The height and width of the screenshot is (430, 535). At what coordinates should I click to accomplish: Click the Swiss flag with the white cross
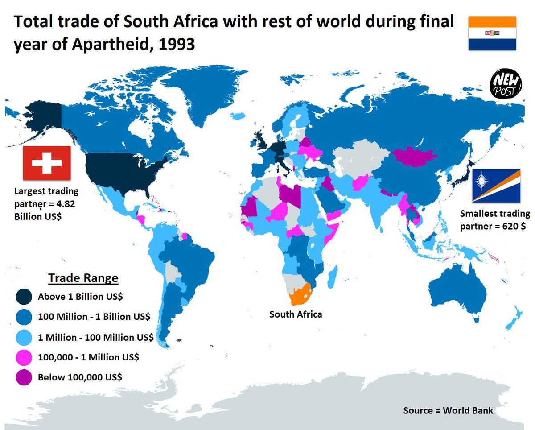tap(47, 163)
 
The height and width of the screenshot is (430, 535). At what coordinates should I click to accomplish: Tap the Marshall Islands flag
tap(496, 185)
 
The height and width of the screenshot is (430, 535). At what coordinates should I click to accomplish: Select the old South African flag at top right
tap(492, 33)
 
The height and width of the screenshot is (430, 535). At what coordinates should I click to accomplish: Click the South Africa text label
tap(295, 314)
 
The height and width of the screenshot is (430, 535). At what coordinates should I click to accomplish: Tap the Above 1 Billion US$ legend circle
tap(24, 297)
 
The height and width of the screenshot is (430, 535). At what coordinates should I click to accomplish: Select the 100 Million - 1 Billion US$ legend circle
tap(24, 317)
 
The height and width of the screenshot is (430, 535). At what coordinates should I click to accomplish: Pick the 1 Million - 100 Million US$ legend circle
tap(24, 338)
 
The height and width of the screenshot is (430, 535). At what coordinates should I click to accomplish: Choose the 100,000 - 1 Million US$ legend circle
tap(24, 358)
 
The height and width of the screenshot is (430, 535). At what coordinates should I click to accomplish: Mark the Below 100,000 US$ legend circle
tap(24, 377)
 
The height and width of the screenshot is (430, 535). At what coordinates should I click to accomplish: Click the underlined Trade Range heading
tap(83, 278)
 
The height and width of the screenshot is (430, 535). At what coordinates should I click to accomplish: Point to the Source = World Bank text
tap(448, 410)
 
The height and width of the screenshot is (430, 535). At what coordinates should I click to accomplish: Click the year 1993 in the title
tap(175, 44)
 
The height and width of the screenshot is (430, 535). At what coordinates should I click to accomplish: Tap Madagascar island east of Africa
tap(332, 276)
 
